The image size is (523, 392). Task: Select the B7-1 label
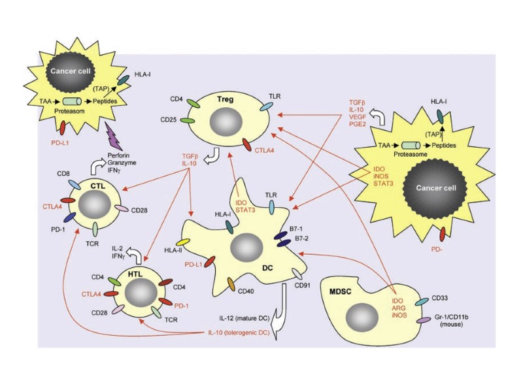[296, 229]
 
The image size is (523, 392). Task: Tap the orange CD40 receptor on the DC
[231, 285]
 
